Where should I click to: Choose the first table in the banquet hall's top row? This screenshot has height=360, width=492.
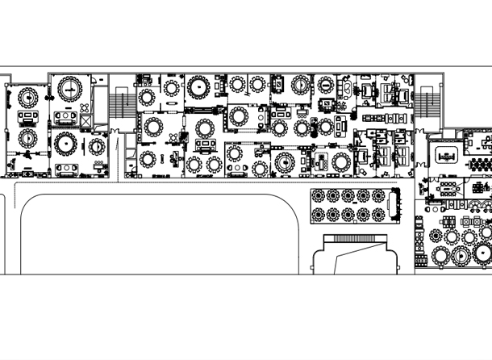(x=317, y=196)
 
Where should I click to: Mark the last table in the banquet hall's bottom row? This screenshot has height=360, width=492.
(x=378, y=214)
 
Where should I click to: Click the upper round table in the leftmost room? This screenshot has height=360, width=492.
(x=29, y=98)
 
